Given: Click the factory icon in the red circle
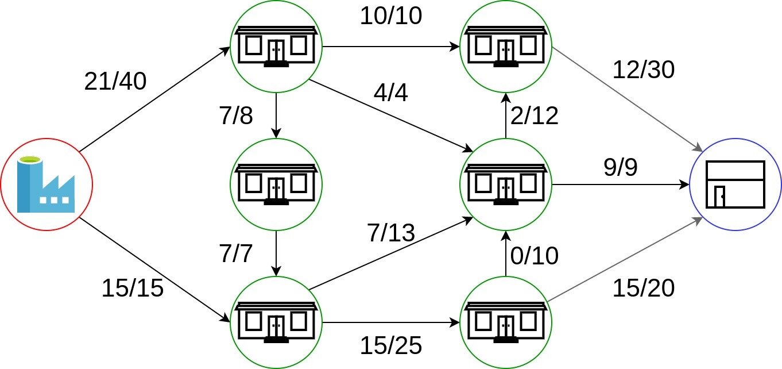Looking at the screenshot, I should pos(46,184).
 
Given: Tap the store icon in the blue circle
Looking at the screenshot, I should pos(735,184).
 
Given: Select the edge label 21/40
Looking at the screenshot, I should pos(115,82).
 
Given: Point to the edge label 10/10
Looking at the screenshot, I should pos(391,16).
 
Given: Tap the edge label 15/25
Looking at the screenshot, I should pos(391,345).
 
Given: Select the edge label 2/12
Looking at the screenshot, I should pos(533,116).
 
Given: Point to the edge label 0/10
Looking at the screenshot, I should pos(533,255).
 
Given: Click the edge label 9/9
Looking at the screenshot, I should pos(620,167).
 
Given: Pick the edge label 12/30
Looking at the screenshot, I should pos(643,70).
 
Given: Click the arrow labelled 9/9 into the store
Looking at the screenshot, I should pos(620,184).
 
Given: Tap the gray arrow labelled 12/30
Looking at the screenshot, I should pos(626,98).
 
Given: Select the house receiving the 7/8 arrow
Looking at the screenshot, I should pos(276,184).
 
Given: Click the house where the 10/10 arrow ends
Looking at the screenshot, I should pos(506,46).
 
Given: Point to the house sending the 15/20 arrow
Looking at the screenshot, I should pos(506,322).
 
